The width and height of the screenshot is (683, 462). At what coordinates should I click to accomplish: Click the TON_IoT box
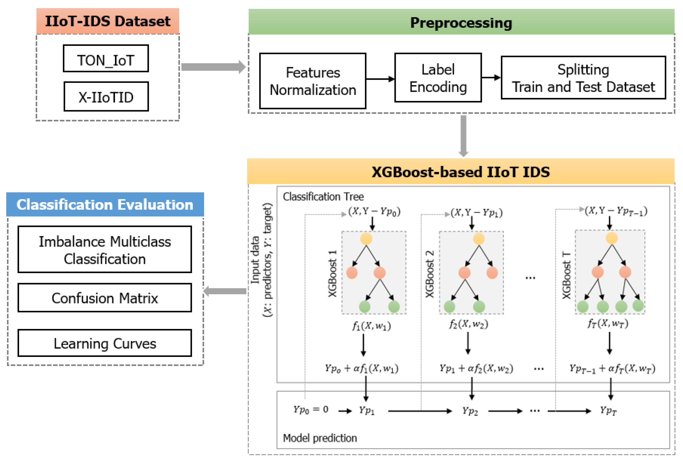106,59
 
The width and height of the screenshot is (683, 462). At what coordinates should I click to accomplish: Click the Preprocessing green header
461,22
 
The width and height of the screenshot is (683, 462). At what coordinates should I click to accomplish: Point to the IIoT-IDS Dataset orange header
108,21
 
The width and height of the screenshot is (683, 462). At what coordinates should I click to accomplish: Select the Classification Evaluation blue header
105,205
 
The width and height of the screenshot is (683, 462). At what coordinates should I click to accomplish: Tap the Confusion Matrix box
105,298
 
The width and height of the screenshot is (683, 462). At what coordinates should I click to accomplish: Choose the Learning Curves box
105,343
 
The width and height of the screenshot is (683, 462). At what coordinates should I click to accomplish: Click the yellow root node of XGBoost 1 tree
366,239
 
